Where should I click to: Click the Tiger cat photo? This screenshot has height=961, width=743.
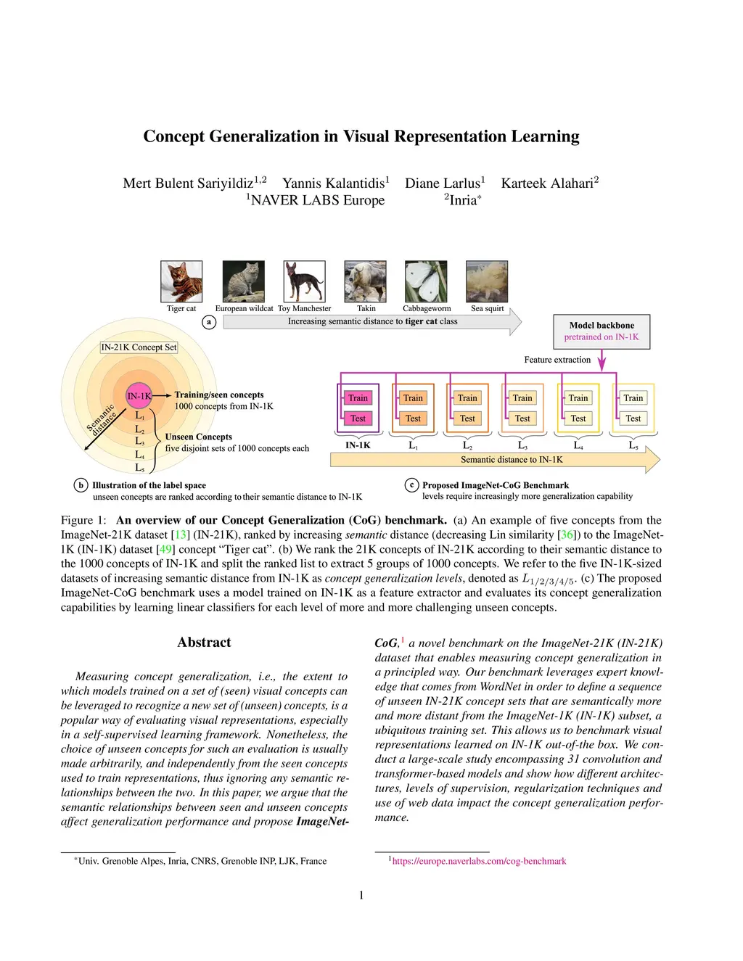point(181,281)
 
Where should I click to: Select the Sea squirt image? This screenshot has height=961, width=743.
point(487,281)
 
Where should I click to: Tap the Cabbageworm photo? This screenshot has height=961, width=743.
point(426,281)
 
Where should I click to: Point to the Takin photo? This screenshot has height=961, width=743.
point(366,281)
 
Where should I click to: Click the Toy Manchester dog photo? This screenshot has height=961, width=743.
point(304,281)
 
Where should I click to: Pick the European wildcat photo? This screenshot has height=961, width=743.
point(244,281)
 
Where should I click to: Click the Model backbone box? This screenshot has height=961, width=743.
point(602,331)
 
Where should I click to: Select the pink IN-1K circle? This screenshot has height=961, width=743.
point(139,396)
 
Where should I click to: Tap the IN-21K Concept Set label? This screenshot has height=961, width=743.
point(139,347)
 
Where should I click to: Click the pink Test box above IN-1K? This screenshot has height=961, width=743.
point(358,418)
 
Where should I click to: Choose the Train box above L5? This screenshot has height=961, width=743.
point(633,398)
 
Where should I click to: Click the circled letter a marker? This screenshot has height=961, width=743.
point(209,322)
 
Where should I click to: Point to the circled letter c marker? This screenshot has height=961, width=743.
point(412,485)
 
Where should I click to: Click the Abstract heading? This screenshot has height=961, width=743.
point(204,643)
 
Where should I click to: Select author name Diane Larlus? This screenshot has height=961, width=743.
point(442,183)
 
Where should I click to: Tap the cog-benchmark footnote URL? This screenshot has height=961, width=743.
point(479,862)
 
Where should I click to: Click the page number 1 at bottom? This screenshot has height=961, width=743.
point(361,896)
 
